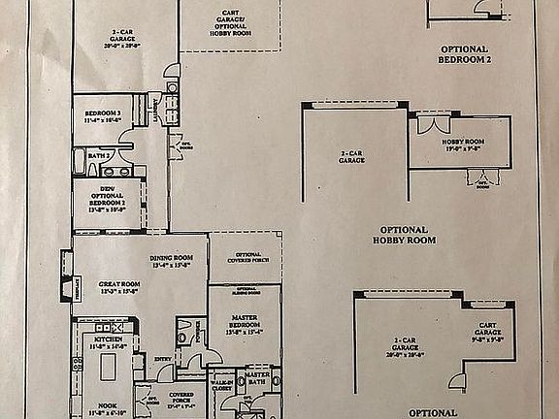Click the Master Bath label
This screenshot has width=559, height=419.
click(x=257, y=377)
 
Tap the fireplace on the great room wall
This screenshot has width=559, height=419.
click(x=66, y=289)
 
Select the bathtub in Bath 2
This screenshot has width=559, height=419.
click(x=79, y=161)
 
